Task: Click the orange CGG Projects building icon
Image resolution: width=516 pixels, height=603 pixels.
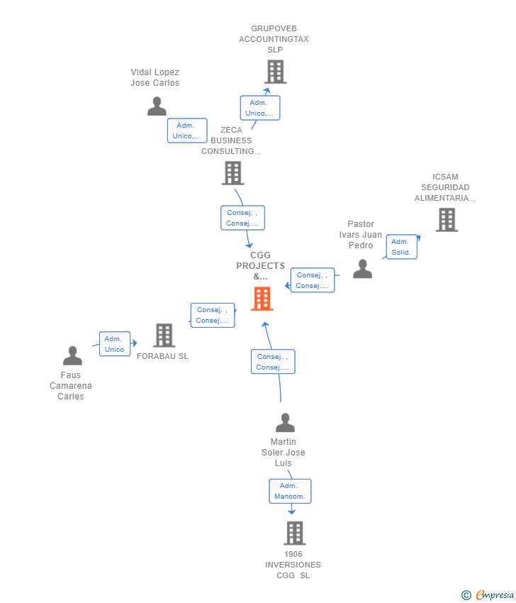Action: coord(262,299)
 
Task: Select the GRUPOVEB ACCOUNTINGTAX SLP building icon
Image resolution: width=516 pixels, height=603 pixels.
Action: coord(275,72)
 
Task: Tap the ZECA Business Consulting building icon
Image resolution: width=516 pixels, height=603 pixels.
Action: coord(232,172)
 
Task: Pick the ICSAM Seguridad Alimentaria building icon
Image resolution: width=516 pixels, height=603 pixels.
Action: coord(447,220)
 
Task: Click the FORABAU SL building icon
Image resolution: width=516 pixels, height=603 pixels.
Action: coord(164,336)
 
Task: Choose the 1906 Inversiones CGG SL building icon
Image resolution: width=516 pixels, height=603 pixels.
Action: coord(294,533)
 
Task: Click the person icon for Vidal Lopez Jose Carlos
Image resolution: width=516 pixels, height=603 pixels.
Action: coord(157,106)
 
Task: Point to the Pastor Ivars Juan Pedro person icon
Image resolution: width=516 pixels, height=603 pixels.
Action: coord(363,269)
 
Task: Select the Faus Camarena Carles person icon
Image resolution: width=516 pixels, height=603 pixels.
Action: coord(72,355)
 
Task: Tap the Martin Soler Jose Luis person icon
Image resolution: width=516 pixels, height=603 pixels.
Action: coord(285,424)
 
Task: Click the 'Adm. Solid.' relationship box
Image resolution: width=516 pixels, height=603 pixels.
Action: coord(401,247)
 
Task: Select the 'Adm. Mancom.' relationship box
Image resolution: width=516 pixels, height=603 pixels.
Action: coord(290,491)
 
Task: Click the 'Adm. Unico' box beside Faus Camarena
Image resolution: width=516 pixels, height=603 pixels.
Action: coord(115,344)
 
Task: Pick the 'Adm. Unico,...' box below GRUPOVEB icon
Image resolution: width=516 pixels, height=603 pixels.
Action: coord(260,108)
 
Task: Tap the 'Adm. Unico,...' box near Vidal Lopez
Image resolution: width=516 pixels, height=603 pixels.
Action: coord(187,131)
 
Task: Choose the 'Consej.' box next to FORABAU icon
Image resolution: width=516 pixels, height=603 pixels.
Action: coord(213,315)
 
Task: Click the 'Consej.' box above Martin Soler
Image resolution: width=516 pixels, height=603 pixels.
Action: coord(273,362)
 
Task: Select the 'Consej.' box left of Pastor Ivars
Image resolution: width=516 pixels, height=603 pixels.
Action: coord(313,280)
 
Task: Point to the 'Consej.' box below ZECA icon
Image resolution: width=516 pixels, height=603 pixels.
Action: coord(242,218)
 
